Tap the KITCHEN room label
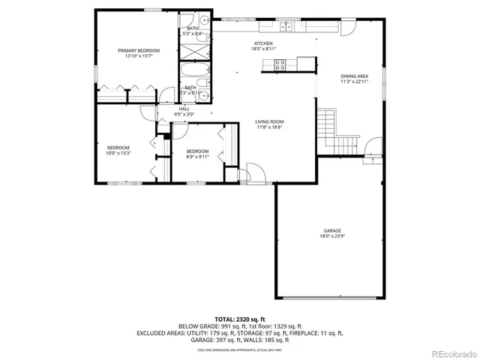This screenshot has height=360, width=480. click(263, 43)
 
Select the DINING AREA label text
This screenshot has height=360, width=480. click(354, 76)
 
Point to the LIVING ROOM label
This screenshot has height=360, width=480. click(269, 121)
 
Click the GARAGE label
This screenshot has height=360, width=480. click(332, 230)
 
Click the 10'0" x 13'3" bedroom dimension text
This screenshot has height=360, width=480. click(118, 153)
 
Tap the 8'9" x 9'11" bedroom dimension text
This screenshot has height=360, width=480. click(198, 156)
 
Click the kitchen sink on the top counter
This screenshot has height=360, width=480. click(286, 28)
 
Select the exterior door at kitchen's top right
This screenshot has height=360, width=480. click(346, 28)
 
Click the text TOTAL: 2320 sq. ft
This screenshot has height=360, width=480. click(240, 319)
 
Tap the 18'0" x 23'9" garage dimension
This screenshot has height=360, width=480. click(332, 236)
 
